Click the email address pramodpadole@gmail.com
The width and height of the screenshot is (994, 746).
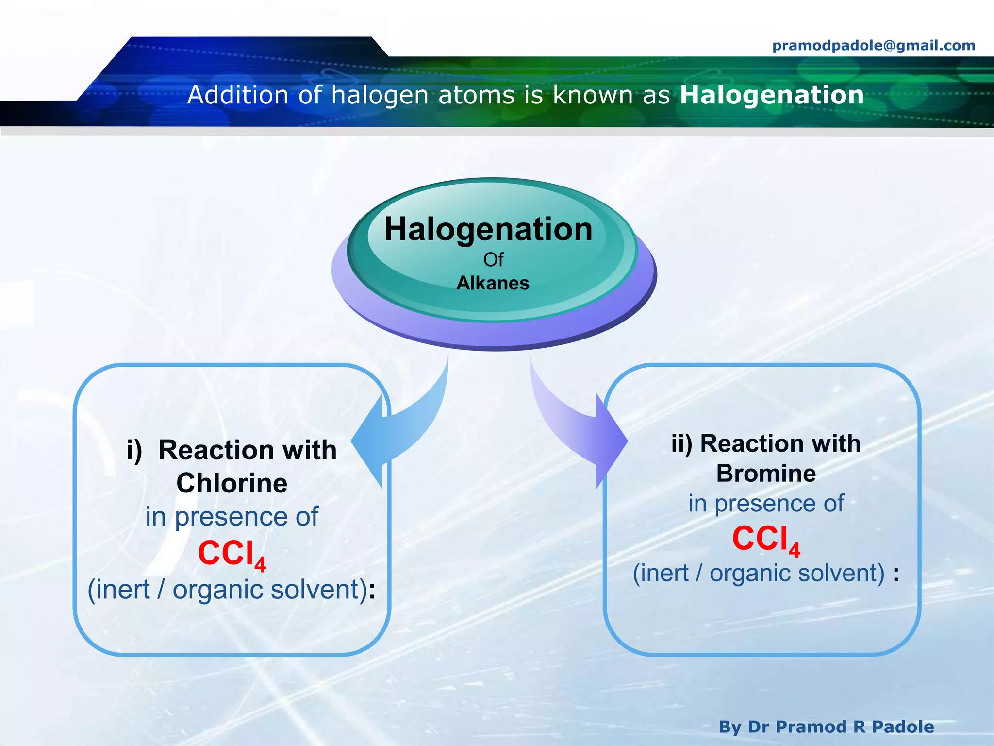pos(874,46)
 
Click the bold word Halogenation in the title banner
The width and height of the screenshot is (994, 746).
pos(772,95)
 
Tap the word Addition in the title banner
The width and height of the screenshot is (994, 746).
pos(238,95)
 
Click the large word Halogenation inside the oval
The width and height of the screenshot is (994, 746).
pos(488,229)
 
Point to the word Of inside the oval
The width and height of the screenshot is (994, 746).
pos(493,260)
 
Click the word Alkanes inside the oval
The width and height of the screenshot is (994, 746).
pos(493,283)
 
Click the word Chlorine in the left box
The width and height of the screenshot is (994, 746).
pos(232,483)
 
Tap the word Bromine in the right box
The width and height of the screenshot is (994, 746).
pos(766,474)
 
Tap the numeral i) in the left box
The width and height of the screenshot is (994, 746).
pos(134,451)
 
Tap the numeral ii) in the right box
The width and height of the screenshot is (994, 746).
pos(682,444)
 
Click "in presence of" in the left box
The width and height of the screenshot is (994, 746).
pos(232,516)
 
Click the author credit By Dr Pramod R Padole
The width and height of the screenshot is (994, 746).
pos(826,727)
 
